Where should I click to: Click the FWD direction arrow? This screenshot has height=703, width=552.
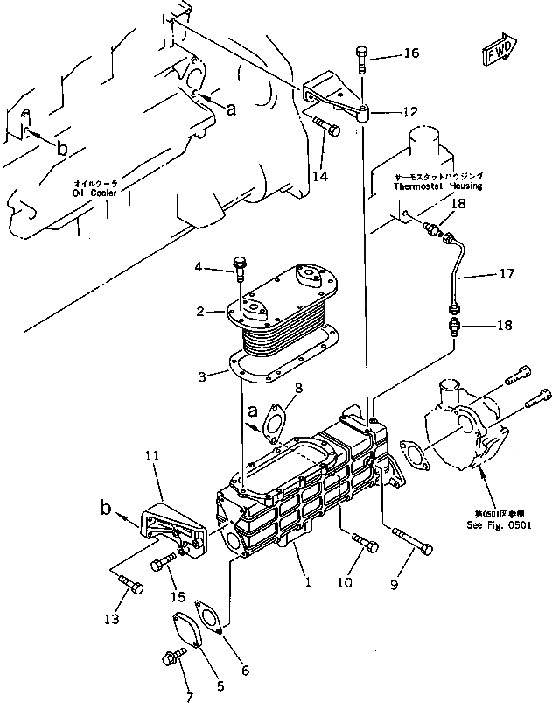pos(500,51)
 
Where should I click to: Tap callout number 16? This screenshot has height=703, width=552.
pos(410,53)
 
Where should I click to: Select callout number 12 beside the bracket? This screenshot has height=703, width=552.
pos(409,112)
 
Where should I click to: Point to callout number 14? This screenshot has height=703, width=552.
pos(319,176)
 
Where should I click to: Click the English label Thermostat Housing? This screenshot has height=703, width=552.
pos(437,186)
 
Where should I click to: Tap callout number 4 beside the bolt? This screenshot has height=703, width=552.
pos(198,266)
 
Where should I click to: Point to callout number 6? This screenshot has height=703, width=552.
pos(245,671)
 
